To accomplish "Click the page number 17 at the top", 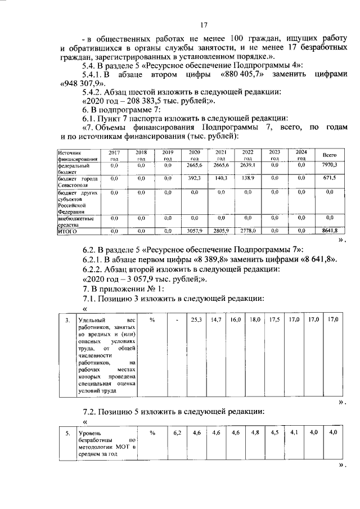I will coord(204,24).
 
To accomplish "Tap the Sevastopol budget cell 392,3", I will coord(195,178).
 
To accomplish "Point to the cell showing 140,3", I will coord(221,178).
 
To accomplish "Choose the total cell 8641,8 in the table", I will coord(329,231).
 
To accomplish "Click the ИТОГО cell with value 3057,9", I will coord(195,231).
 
